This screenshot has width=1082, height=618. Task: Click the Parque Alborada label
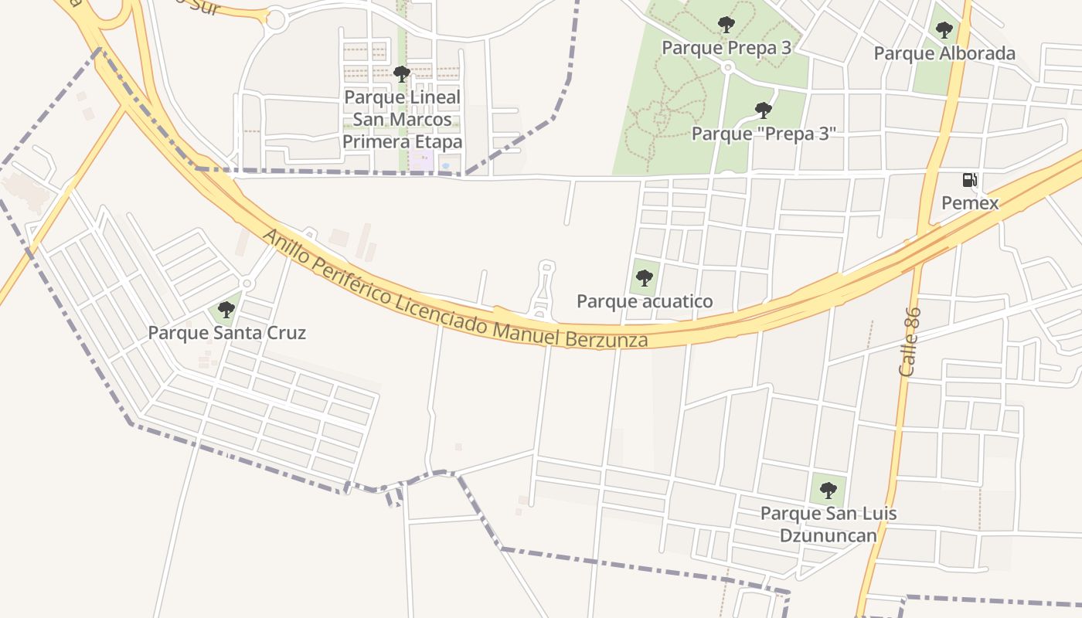point(944,53)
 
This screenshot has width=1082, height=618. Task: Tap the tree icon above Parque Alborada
point(944,30)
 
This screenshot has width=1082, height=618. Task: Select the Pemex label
point(970,203)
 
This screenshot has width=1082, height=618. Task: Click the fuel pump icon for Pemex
point(969,180)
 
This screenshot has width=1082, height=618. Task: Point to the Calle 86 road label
point(910,341)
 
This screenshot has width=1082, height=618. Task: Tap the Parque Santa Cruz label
point(226,333)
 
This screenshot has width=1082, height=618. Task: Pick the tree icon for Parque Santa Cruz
point(226,310)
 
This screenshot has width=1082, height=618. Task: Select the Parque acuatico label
point(645,301)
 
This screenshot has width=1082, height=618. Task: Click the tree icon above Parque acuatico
point(645,278)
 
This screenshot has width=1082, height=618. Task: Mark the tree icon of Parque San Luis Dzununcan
point(828,490)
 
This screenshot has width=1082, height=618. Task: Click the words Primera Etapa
point(402,142)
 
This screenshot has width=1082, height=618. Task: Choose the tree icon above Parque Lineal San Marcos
point(401,74)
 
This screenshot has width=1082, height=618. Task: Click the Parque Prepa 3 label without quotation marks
point(726,48)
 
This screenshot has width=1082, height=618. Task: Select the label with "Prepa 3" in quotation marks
point(764,133)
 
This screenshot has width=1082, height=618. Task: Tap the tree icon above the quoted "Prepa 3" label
point(764,110)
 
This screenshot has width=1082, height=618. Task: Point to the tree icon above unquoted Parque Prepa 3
point(726,25)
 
